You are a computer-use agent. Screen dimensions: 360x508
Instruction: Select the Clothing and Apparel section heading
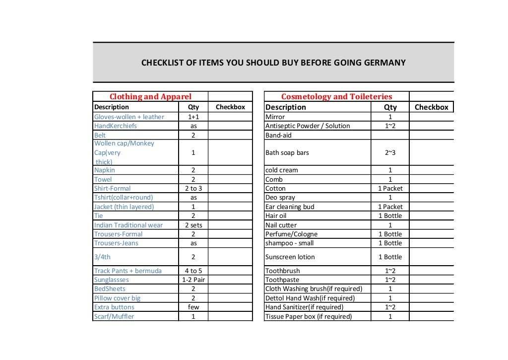click(x=150, y=97)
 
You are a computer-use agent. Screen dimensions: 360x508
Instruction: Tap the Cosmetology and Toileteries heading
click(x=336, y=97)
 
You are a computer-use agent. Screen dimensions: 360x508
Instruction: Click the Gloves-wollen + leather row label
click(x=129, y=117)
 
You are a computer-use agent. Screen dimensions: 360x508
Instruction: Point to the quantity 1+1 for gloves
click(x=193, y=117)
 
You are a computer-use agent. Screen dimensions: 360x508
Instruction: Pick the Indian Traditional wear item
click(x=128, y=225)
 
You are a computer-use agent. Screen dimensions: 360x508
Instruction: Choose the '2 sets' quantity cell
click(x=193, y=225)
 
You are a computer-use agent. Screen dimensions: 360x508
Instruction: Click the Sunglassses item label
click(x=112, y=280)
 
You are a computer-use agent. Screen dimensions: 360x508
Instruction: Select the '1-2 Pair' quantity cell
click(x=193, y=280)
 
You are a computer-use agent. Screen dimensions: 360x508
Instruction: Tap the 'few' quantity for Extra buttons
click(x=193, y=307)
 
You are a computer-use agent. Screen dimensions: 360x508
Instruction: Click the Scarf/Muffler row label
click(x=114, y=316)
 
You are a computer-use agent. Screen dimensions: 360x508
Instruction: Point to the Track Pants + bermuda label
click(x=127, y=271)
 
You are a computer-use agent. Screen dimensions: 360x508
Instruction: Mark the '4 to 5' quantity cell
click(x=193, y=271)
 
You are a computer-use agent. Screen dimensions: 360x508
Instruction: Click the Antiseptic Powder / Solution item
click(x=308, y=126)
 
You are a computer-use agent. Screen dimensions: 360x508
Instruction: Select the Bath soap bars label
click(x=287, y=152)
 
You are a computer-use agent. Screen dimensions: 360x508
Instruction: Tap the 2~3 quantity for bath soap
click(x=390, y=152)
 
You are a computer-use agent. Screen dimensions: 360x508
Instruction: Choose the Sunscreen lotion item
click(x=290, y=257)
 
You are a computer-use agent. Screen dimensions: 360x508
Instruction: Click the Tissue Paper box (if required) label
click(x=309, y=316)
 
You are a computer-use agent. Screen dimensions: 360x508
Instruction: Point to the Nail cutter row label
click(x=281, y=225)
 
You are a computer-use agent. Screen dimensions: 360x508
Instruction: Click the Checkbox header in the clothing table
click(x=230, y=107)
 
